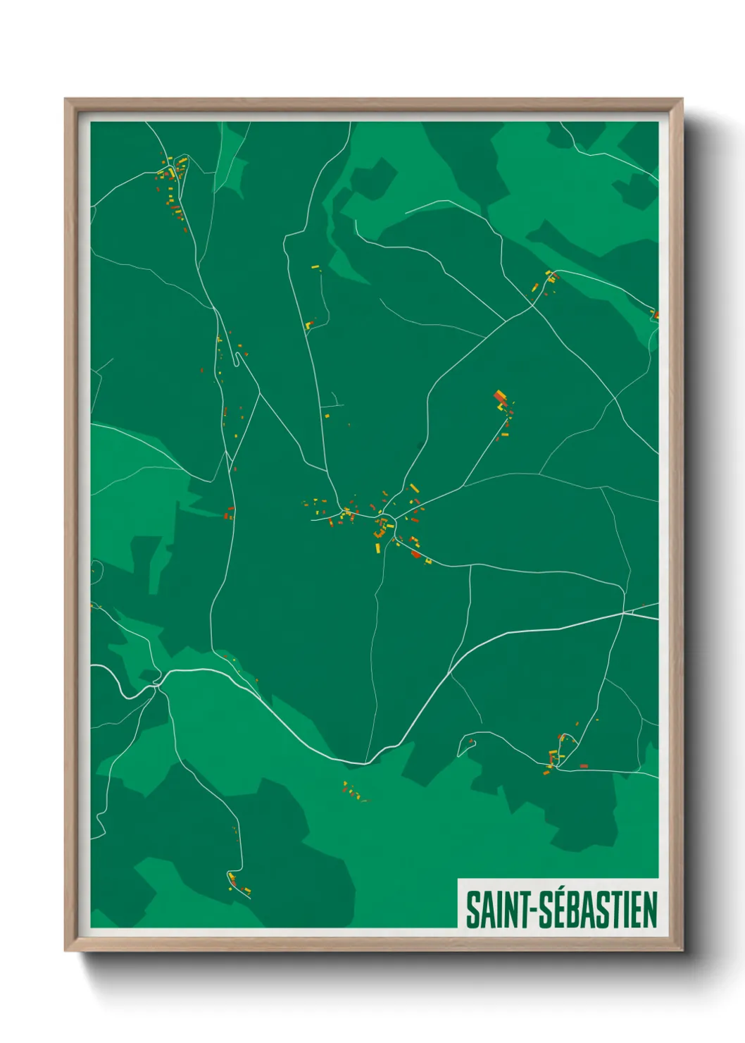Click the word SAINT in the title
pos(496,909)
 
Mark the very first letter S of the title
pos(473,909)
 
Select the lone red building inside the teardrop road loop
pos(471,741)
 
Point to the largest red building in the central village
pos(415,554)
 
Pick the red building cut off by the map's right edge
pos(656,315)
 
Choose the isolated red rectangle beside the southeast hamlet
pos(583,765)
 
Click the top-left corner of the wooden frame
pos(65,99)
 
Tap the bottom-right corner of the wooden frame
pos(682,951)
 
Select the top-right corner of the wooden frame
pos(682,99)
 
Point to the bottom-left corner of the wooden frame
pos(65,951)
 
